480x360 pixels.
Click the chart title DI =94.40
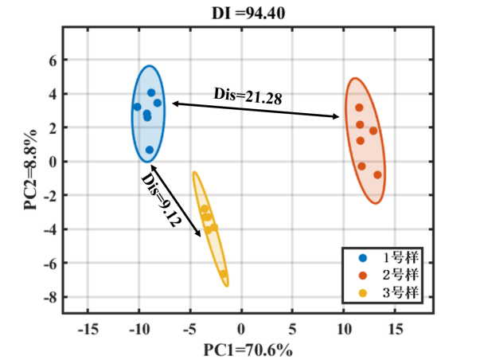238,13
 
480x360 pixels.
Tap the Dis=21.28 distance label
248,96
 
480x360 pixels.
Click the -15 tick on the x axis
87,328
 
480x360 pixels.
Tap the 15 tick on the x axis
395,328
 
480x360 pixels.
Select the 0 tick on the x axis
241,328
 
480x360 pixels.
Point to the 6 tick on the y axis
53,60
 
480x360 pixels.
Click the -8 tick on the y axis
50,298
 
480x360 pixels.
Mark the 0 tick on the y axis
53,162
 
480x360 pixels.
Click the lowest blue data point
150,150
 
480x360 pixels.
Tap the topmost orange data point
360,108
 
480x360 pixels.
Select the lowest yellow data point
224,274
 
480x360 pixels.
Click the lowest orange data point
377,174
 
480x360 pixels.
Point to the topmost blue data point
151,93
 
